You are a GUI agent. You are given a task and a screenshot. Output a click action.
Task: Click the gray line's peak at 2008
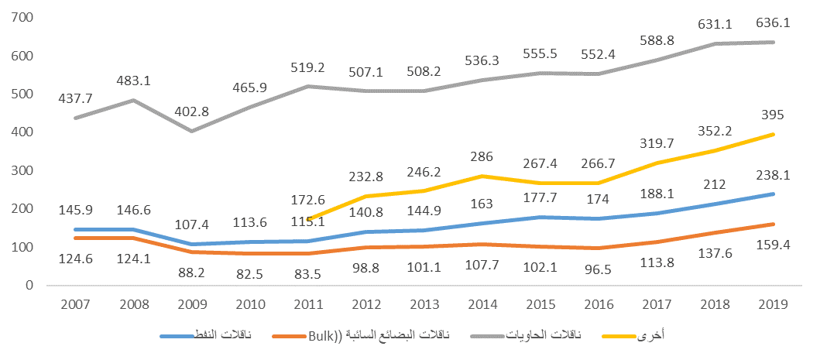133,100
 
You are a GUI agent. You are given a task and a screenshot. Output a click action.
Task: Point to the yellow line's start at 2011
309,219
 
